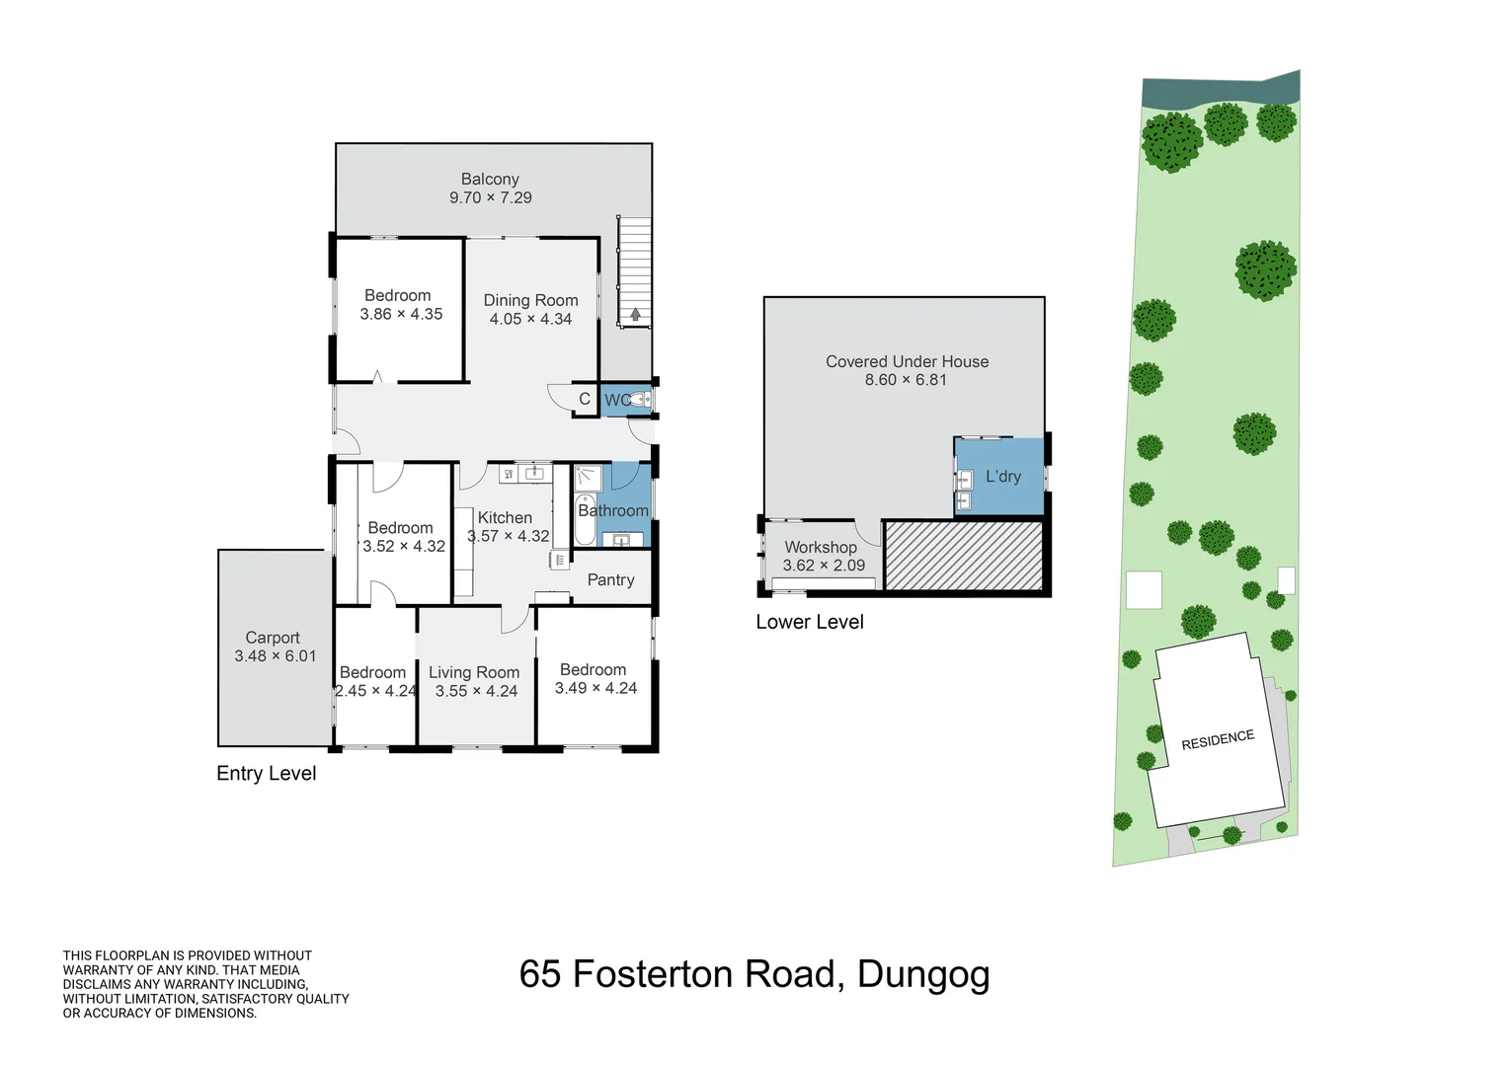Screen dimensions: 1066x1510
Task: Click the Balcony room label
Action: click(x=490, y=179)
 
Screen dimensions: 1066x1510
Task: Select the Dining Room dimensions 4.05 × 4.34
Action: click(x=530, y=319)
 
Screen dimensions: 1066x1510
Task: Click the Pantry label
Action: click(x=610, y=579)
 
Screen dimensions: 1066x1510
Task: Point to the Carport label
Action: click(x=273, y=638)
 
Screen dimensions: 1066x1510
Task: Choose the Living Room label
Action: click(x=474, y=672)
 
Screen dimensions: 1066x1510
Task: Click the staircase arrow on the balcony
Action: click(x=635, y=315)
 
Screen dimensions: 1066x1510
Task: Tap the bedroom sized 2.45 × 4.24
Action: click(x=375, y=681)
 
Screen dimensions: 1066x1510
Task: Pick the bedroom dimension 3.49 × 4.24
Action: click(x=596, y=688)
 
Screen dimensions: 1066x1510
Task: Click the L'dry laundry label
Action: click(x=1003, y=476)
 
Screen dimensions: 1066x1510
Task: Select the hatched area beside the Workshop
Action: click(x=963, y=556)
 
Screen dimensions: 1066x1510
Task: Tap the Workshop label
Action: click(x=821, y=547)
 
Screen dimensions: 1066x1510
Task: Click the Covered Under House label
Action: click(x=907, y=361)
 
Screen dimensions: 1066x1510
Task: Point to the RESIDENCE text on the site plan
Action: click(x=1218, y=739)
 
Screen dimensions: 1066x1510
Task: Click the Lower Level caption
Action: click(x=810, y=622)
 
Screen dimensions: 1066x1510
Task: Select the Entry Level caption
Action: click(x=267, y=773)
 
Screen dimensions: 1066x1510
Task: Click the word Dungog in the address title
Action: click(x=923, y=974)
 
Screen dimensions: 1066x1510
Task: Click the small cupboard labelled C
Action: click(x=585, y=399)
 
